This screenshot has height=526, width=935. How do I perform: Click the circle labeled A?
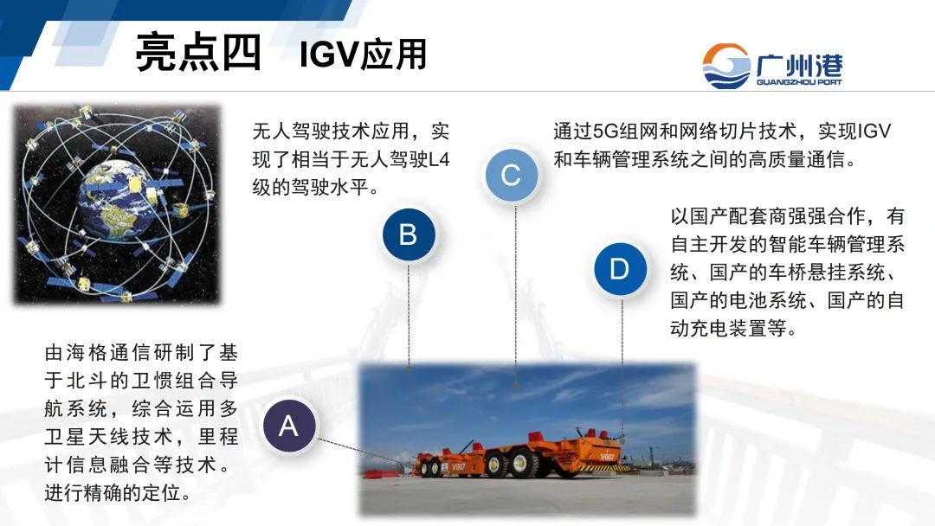coord(288,426)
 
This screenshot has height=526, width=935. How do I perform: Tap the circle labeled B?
coord(408,234)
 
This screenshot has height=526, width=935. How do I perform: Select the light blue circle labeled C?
coord(511,176)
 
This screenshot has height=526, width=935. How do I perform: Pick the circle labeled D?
coord(620,269)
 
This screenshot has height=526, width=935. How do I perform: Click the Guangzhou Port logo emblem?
coord(726,66)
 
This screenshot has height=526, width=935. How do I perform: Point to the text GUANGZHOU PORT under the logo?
coord(798,83)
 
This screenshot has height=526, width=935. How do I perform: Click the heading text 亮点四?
coord(198,53)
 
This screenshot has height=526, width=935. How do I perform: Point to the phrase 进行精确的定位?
coord(117,493)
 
